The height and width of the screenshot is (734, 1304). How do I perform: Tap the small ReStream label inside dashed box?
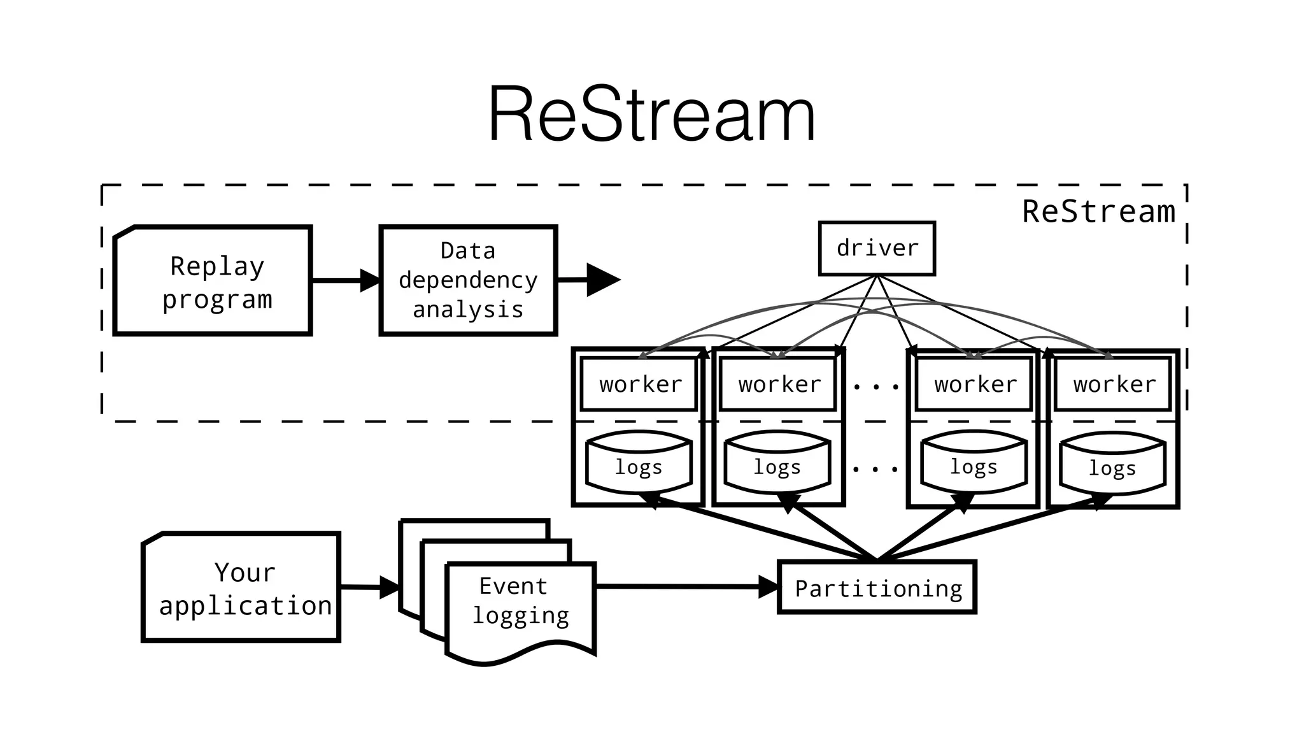tap(1098, 212)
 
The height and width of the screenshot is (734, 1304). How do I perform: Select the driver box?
tap(877, 248)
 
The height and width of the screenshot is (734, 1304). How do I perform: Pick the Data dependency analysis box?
tap(468, 280)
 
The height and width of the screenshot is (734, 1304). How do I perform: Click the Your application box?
tap(242, 587)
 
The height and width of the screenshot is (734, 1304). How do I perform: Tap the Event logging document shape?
tap(521, 605)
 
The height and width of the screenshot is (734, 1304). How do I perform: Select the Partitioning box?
tap(877, 588)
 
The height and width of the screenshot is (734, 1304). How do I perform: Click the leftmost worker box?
tap(639, 384)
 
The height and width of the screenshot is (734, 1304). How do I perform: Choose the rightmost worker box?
tap(1113, 384)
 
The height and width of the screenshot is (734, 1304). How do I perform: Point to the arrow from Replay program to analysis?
tap(344, 280)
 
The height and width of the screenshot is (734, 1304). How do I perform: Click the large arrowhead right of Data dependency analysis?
tap(601, 280)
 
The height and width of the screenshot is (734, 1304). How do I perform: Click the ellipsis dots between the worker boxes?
tap(876, 387)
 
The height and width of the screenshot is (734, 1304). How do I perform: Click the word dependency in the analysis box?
tap(468, 280)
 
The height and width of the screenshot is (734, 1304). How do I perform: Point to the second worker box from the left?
tap(778, 384)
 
